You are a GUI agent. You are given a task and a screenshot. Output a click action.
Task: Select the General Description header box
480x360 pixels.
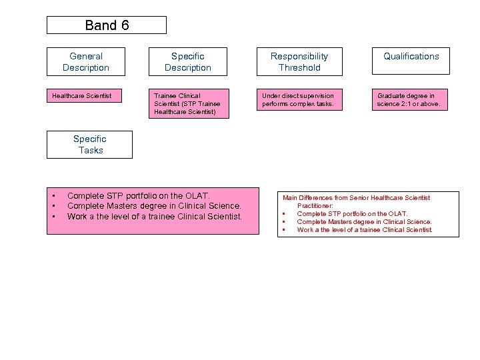point(85,61)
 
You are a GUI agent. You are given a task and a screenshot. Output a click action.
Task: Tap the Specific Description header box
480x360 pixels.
point(188,61)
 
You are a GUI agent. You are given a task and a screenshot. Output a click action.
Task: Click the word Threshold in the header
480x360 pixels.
point(299,67)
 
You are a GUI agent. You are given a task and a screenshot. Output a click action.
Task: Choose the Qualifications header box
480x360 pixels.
point(411,61)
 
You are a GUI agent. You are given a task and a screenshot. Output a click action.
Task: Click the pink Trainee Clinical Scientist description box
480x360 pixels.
point(188,103)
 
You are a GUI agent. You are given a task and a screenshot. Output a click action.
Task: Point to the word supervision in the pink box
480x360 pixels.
point(315,96)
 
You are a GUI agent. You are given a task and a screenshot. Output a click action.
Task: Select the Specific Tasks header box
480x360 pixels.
point(89,145)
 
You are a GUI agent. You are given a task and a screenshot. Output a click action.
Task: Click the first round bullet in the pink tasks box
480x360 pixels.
point(53,196)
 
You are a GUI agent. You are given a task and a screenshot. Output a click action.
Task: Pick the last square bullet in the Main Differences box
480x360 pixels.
point(284,230)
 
